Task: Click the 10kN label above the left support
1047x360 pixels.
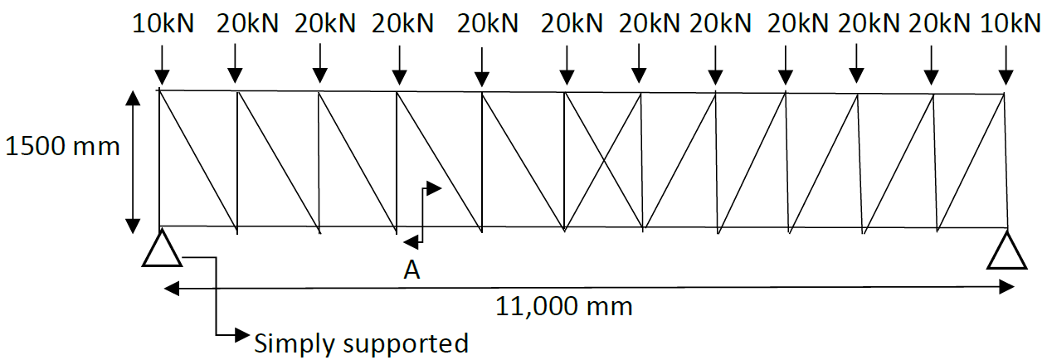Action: (x=163, y=23)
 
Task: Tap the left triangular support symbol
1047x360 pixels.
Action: (x=161, y=249)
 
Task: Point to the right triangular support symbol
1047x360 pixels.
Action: (x=1007, y=251)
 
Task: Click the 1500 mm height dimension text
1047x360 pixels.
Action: (x=62, y=147)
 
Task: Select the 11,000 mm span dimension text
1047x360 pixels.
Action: (x=564, y=306)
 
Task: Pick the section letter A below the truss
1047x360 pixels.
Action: (x=411, y=270)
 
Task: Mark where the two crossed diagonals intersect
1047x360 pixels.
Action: (x=603, y=159)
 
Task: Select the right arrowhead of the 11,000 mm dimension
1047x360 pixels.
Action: (x=1007, y=287)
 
